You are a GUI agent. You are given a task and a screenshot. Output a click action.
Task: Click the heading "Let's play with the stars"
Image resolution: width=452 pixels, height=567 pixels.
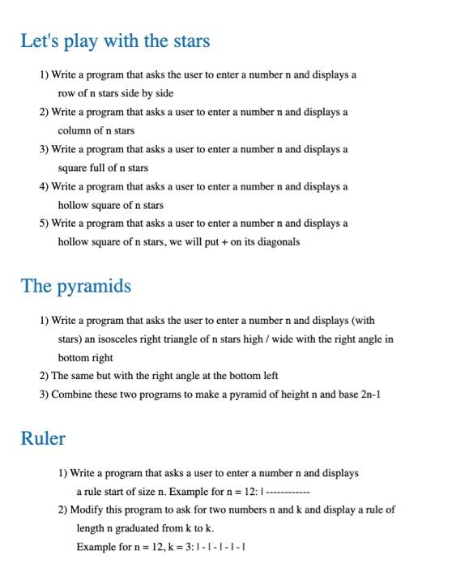[x=115, y=40]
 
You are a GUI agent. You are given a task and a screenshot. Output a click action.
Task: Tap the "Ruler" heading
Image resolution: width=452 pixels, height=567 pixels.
[x=43, y=438]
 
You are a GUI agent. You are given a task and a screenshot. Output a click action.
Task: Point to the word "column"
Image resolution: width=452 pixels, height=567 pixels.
[x=74, y=130]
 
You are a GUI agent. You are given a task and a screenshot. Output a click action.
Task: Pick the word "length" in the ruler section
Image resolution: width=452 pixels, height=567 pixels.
[x=91, y=528]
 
